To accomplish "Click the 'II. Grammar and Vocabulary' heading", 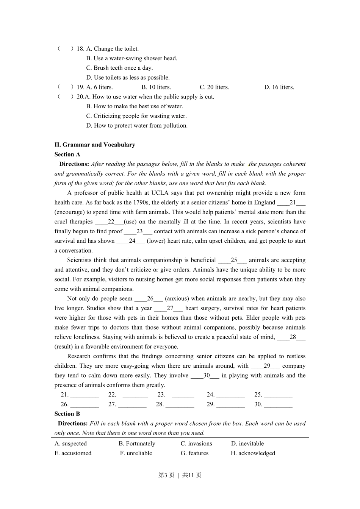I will [x=95, y=145].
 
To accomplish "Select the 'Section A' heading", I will [x=67, y=154].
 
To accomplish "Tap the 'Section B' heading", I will [x=67, y=414].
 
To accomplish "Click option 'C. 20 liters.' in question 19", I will [x=214, y=87].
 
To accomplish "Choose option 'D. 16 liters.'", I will [x=279, y=87].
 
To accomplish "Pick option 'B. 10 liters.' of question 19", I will [x=156, y=87].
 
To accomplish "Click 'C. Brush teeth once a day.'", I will [x=119, y=68].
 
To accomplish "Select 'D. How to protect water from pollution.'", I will [x=137, y=125].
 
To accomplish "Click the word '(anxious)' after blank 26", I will [x=178, y=298].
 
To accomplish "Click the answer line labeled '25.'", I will [x=278, y=395].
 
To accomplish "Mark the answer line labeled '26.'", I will [x=85, y=404].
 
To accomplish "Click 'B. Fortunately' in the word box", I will [x=137, y=443].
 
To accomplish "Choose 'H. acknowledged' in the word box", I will [x=253, y=453].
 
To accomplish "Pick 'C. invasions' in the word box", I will [x=196, y=443].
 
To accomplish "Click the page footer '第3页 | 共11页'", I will [x=180, y=475].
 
